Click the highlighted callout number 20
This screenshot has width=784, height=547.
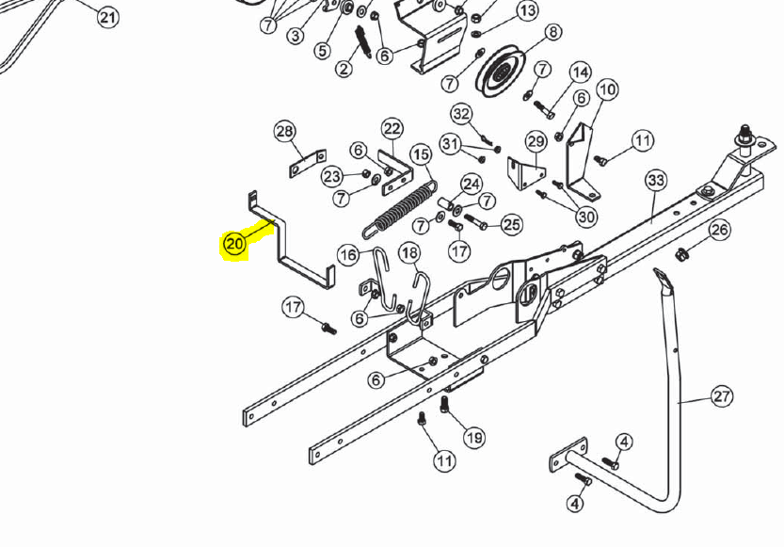coord(234,244)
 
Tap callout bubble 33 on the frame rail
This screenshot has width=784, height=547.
coord(656,181)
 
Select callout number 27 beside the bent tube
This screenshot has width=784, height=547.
coord(722,396)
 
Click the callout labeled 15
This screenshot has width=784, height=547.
coord(421,154)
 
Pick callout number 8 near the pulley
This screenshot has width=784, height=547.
coord(552,33)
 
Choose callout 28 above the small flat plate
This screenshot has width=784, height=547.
coord(285,132)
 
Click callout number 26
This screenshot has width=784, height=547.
coord(719,230)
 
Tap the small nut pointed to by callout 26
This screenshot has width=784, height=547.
coord(680,254)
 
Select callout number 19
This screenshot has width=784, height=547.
coord(474,438)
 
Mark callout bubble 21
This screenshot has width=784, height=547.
coord(107,18)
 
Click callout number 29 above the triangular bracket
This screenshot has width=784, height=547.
coord(536,142)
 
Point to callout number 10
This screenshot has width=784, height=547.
coord(607,90)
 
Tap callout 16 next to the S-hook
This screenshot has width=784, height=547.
coord(348,255)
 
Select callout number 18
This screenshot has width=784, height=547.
coord(409,253)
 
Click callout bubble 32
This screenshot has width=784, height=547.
coord(461,115)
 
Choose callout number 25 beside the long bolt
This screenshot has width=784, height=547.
coord(511,225)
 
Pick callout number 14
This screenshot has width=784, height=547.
coord(580,73)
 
